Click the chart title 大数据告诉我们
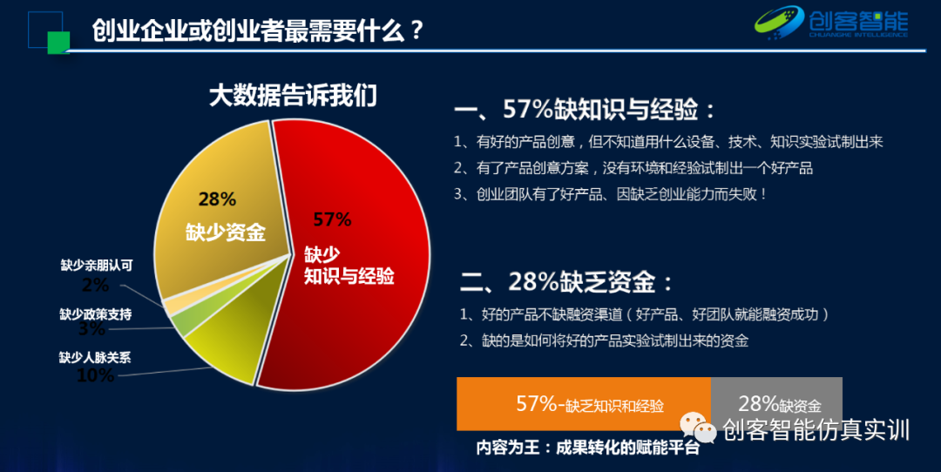click(x=293, y=95)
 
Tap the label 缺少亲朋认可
click(x=96, y=266)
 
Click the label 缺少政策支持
click(x=96, y=314)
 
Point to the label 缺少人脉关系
click(x=95, y=357)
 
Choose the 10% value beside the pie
click(x=95, y=375)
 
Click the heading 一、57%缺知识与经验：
click(x=585, y=110)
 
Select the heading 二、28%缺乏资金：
click(x=566, y=282)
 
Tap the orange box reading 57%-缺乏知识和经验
click(x=584, y=404)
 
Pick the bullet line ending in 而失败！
click(x=610, y=194)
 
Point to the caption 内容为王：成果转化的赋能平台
click(x=587, y=448)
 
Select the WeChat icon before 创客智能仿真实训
click(x=699, y=428)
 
